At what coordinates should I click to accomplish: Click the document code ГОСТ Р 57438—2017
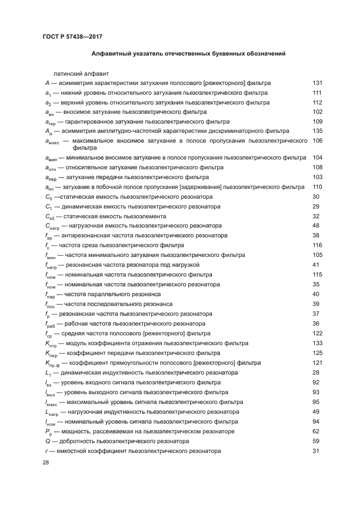point(72,36)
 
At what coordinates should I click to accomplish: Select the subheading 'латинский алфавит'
point(81,72)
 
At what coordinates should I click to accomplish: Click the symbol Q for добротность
point(48,441)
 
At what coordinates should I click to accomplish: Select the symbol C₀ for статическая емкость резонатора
point(48,197)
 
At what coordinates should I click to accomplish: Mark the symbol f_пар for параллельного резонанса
point(51,295)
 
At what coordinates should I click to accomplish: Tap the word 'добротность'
point(77,441)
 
